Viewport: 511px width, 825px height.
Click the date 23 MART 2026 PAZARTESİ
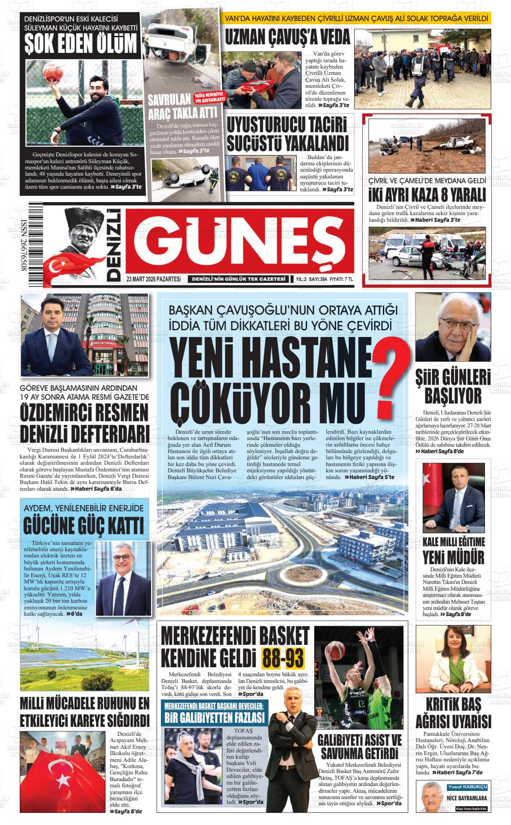153,279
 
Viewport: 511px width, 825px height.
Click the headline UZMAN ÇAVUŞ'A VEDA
286,38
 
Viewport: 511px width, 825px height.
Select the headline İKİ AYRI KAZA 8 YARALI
427,195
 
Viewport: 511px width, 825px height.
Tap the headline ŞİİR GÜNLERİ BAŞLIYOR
453,387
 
